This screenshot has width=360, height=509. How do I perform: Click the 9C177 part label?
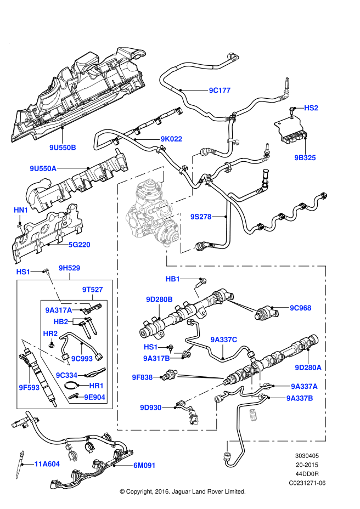point(220,91)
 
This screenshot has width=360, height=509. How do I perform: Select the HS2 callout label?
point(311,109)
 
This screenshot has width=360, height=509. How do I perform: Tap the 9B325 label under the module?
point(305,158)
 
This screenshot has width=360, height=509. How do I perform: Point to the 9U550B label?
point(62,148)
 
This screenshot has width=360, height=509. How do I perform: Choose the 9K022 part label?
point(171,139)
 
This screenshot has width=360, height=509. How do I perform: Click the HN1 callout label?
point(21,211)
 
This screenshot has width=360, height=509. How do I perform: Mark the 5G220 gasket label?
point(79,245)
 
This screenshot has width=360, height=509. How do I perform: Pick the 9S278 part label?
point(201,217)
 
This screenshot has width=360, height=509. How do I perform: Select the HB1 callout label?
point(173,279)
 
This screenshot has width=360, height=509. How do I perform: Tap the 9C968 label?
point(301,308)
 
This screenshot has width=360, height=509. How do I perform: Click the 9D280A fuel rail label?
point(308,367)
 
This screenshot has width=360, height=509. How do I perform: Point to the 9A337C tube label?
point(223,340)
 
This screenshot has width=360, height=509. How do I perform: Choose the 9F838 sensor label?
point(143,377)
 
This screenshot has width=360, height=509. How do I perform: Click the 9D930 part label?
point(150,408)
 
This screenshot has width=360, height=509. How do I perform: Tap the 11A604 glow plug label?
point(47,464)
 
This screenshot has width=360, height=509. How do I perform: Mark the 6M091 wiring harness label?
point(144,466)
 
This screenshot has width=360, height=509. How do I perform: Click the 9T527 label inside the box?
point(93,290)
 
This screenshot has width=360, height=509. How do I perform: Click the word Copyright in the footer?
point(143,491)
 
